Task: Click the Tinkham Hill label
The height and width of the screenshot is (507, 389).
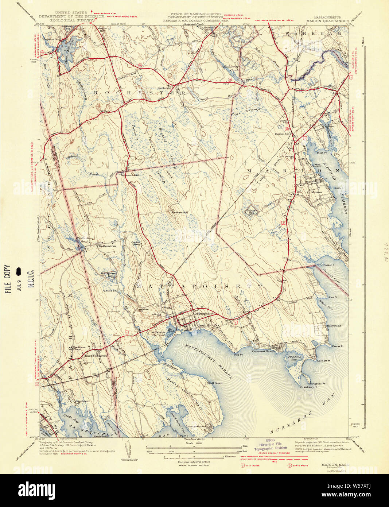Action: click(180, 212)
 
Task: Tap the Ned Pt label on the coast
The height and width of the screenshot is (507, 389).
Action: click(238, 354)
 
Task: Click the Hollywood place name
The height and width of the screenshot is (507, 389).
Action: click(333, 326)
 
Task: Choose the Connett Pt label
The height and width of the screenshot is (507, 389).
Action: click(323, 361)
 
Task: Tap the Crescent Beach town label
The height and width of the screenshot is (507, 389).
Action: click(263, 351)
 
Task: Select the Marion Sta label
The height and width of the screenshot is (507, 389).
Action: click(282, 134)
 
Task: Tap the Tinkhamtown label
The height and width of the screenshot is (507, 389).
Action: click(107, 246)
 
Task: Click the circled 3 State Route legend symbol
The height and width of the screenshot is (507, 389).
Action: click(290, 465)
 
